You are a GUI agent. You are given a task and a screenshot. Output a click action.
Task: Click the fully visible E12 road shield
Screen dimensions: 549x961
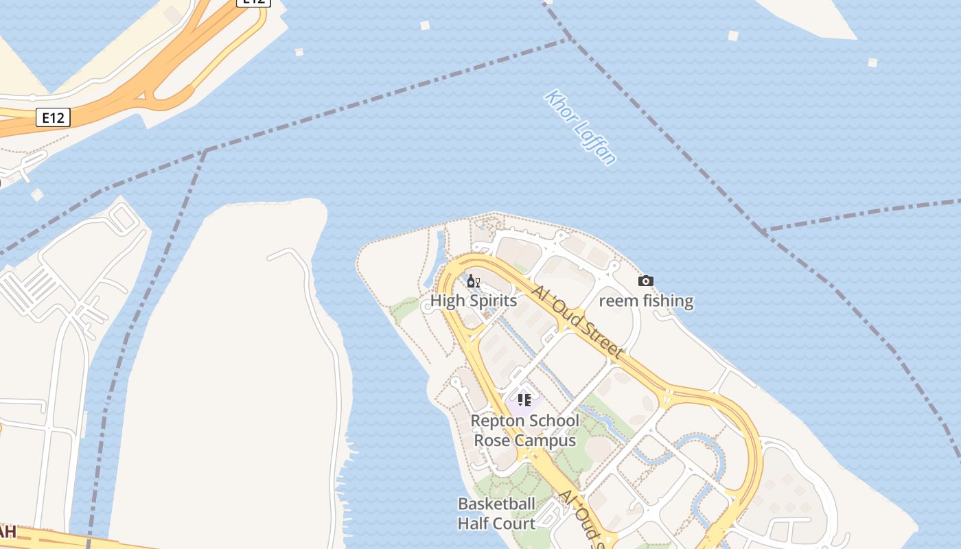click(53, 117)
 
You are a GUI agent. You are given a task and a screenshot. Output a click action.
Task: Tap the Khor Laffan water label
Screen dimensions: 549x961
click(581, 128)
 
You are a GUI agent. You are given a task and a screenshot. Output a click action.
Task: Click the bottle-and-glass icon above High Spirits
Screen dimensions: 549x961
click(473, 281)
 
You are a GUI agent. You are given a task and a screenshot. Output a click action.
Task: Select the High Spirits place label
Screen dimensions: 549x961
click(473, 301)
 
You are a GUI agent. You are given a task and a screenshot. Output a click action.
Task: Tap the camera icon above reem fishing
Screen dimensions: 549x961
click(646, 281)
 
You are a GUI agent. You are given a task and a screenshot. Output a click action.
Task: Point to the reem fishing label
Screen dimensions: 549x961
click(646, 301)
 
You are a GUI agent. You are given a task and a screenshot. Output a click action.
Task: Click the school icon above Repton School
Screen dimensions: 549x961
click(524, 400)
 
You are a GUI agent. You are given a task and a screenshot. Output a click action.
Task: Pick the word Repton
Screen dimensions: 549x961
click(496, 421)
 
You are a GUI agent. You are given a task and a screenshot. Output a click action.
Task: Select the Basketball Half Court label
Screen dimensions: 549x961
click(496, 513)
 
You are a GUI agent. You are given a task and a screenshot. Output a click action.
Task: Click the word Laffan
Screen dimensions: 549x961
click(594, 143)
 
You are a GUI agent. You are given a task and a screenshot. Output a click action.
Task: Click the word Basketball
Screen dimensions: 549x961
click(496, 504)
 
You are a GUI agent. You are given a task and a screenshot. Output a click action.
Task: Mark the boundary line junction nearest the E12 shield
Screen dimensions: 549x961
click(205, 150)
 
